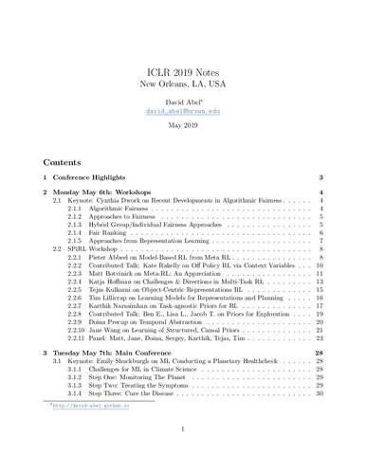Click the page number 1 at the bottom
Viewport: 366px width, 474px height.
(x=183, y=454)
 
